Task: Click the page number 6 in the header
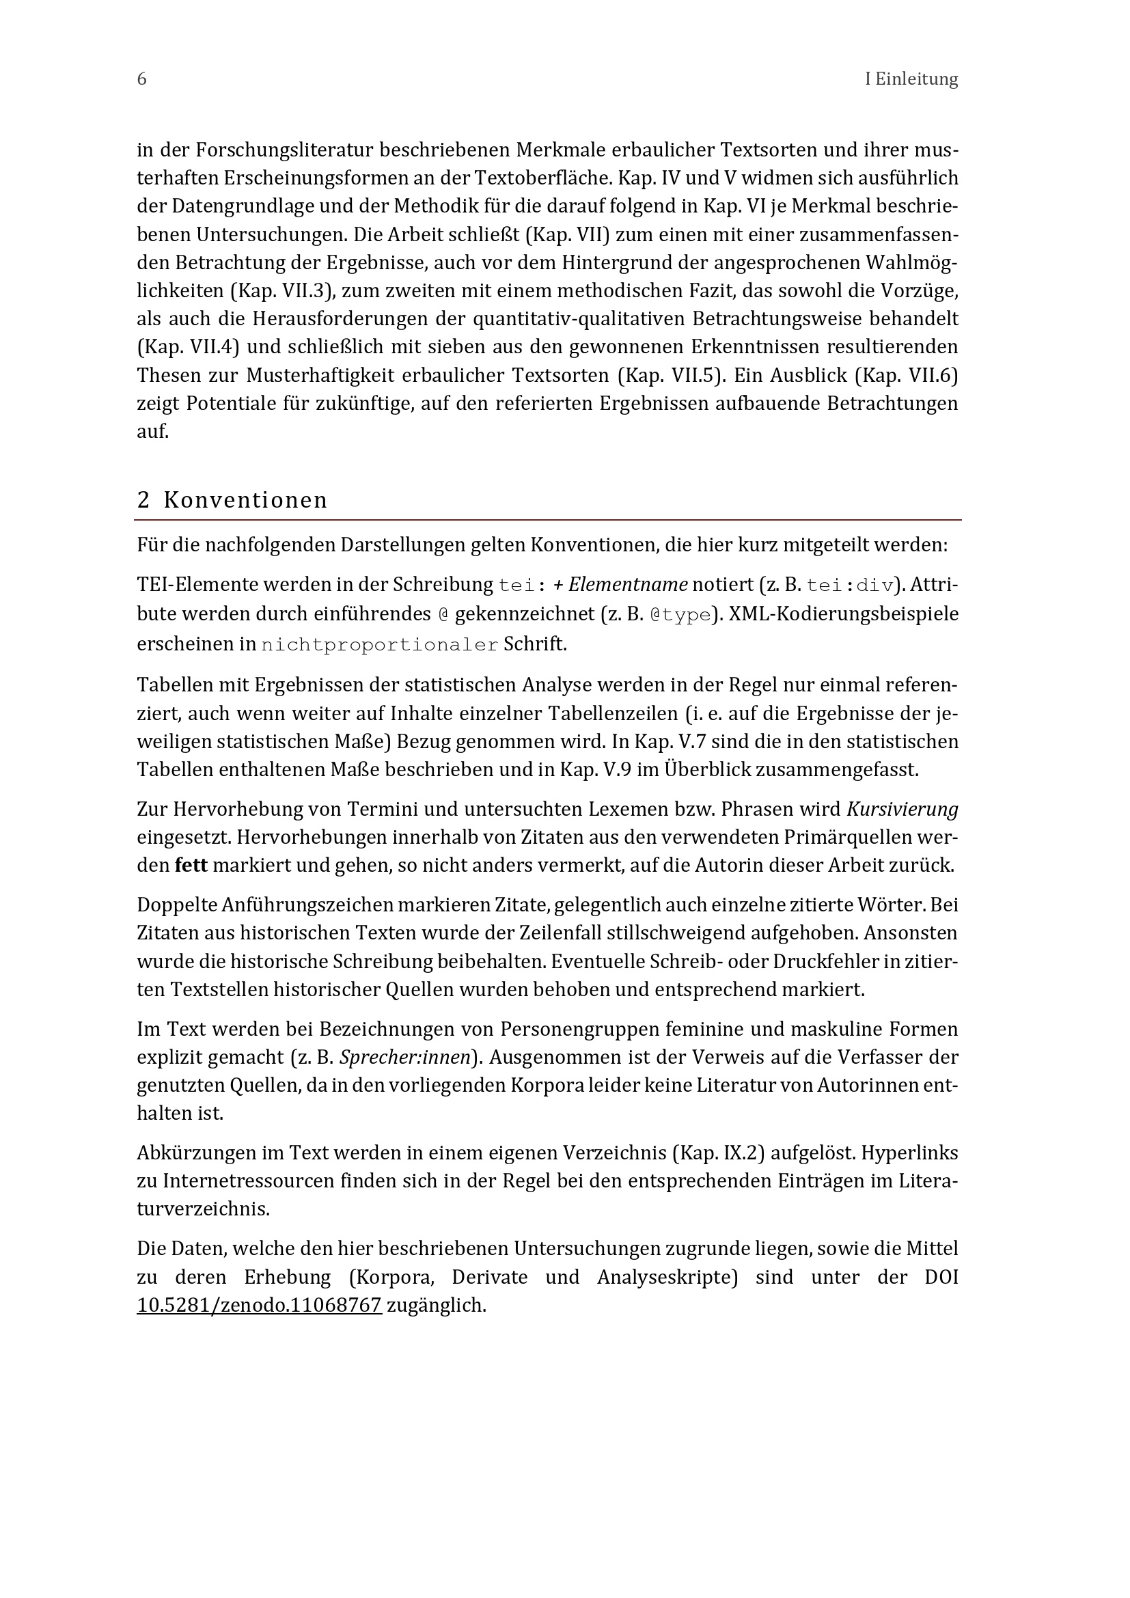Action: [x=142, y=79]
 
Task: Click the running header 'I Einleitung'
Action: [x=911, y=79]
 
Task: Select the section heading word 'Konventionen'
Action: [x=246, y=500]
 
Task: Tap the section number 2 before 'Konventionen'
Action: [x=143, y=500]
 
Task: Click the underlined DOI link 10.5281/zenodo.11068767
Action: [x=260, y=1305]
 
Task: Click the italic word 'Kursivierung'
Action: [x=902, y=809]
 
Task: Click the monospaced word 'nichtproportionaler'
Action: [x=380, y=644]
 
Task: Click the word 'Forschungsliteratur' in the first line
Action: [x=286, y=150]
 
